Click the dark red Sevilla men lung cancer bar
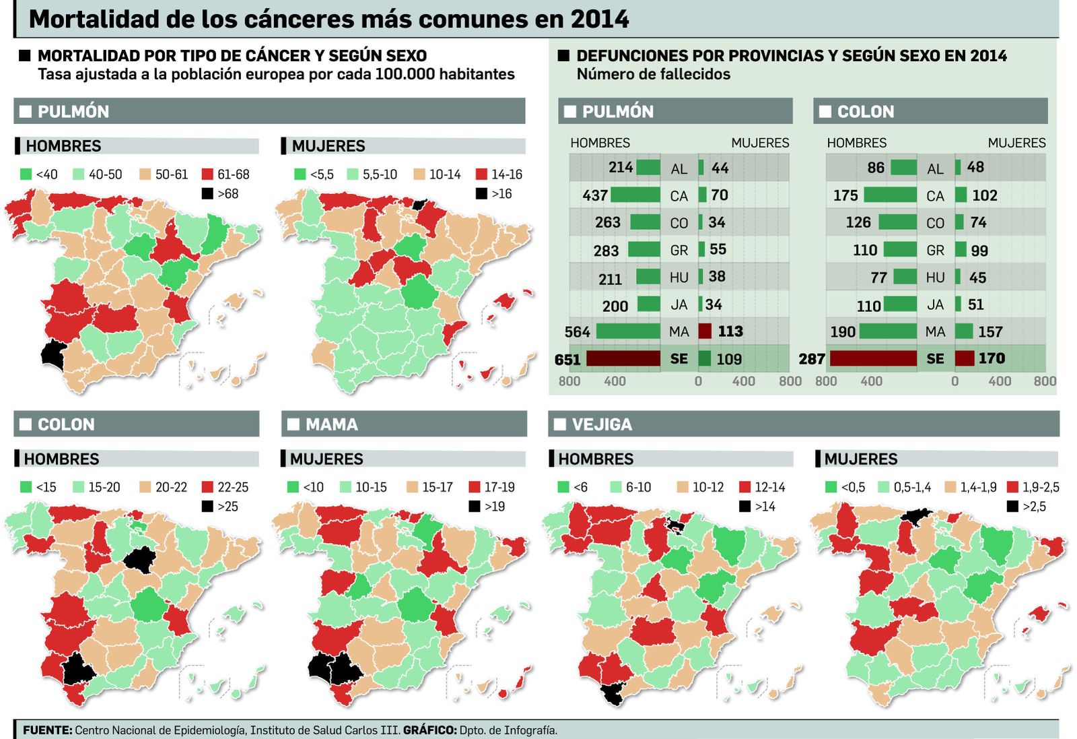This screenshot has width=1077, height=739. (x=623, y=358)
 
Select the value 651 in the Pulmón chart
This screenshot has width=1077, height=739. (x=567, y=360)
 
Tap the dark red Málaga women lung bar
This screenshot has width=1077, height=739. (x=705, y=331)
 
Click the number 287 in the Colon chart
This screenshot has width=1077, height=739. (x=812, y=359)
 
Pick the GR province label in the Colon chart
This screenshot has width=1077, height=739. (x=935, y=251)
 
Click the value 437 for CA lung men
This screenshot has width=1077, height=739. (x=595, y=195)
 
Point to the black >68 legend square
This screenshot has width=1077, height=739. (x=207, y=194)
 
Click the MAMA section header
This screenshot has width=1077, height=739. (x=331, y=424)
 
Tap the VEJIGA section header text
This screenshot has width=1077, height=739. (x=602, y=424)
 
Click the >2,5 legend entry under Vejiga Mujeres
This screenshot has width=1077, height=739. (x=1027, y=507)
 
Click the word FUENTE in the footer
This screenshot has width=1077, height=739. (x=47, y=730)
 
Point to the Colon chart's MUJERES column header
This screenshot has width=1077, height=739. (x=1016, y=143)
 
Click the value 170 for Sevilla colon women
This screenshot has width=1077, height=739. (x=991, y=358)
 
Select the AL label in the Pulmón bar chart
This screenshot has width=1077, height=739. (x=679, y=169)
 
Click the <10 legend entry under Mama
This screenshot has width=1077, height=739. (x=306, y=487)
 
